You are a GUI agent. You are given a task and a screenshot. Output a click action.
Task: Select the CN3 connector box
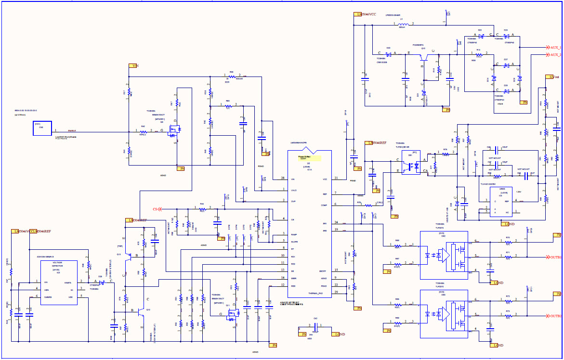[42, 128]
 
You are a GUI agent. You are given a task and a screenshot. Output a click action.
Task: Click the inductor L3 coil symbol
[404, 24]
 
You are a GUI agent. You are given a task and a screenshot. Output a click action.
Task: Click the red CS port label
[156, 209]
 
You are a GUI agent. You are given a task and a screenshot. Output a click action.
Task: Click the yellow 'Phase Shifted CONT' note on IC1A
[303, 157]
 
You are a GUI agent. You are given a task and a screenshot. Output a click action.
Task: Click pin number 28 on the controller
[283, 178]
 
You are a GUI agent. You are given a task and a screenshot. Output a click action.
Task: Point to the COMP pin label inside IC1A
[325, 205]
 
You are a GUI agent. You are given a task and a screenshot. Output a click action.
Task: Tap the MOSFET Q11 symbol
[235, 313]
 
